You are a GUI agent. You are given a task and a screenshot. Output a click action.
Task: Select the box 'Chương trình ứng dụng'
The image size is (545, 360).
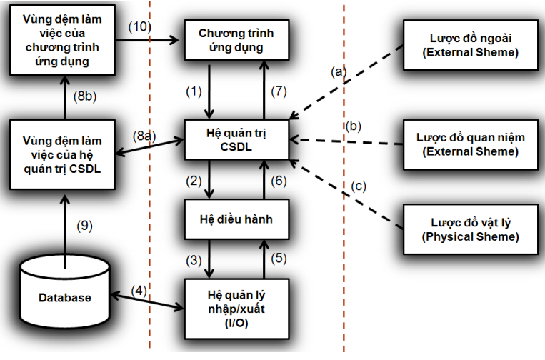coord(235,40)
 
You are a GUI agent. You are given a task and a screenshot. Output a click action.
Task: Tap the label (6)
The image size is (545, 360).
coord(281,181)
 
